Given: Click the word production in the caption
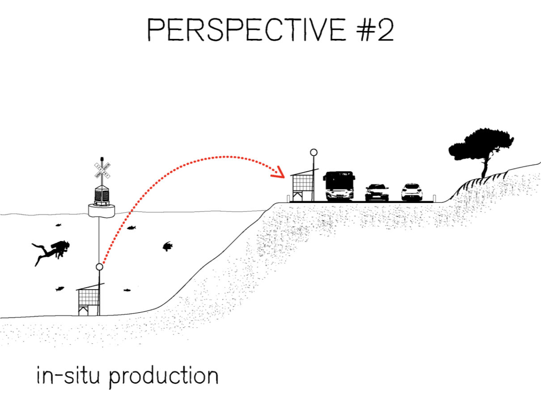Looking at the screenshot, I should click(164, 377).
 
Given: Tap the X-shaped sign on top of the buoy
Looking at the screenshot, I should click(102, 170).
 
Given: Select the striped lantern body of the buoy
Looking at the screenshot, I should click(102, 195).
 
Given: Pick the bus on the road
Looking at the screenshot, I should click(339, 186).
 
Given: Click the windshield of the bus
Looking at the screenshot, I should click(339, 182).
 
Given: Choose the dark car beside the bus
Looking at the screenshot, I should click(377, 192).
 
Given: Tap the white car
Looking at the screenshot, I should click(411, 192).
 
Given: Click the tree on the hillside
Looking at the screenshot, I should click(481, 145).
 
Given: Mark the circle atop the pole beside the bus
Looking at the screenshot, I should click(314, 152).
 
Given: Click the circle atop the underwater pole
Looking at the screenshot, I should click(99, 267).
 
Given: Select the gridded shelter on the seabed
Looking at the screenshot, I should click(88, 299).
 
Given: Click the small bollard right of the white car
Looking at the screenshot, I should click(433, 197).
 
